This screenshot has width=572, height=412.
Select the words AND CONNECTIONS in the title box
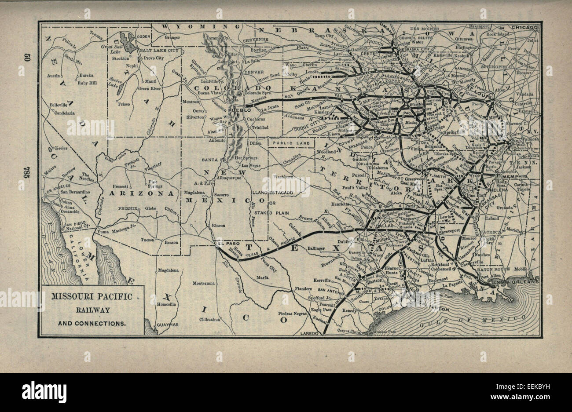pos(92,323)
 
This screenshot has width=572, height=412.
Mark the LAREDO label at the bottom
pos(309,334)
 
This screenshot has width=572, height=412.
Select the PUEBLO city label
pos(240,109)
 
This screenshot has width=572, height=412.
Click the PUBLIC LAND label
pos(291,143)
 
